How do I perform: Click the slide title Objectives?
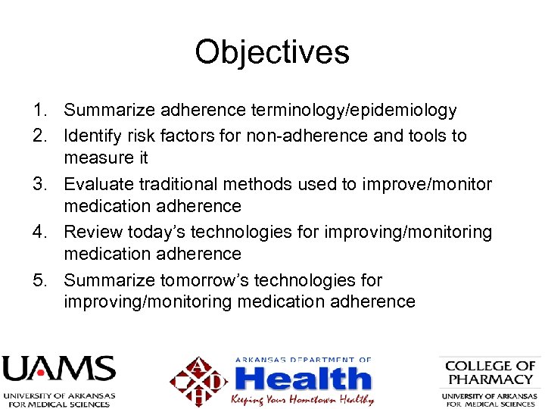pos(272,52)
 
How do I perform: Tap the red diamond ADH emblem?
pos(199,381)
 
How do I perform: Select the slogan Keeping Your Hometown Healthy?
pos(303,398)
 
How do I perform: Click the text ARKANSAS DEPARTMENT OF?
pos(303,360)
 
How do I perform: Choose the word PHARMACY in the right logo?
pos(490,379)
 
